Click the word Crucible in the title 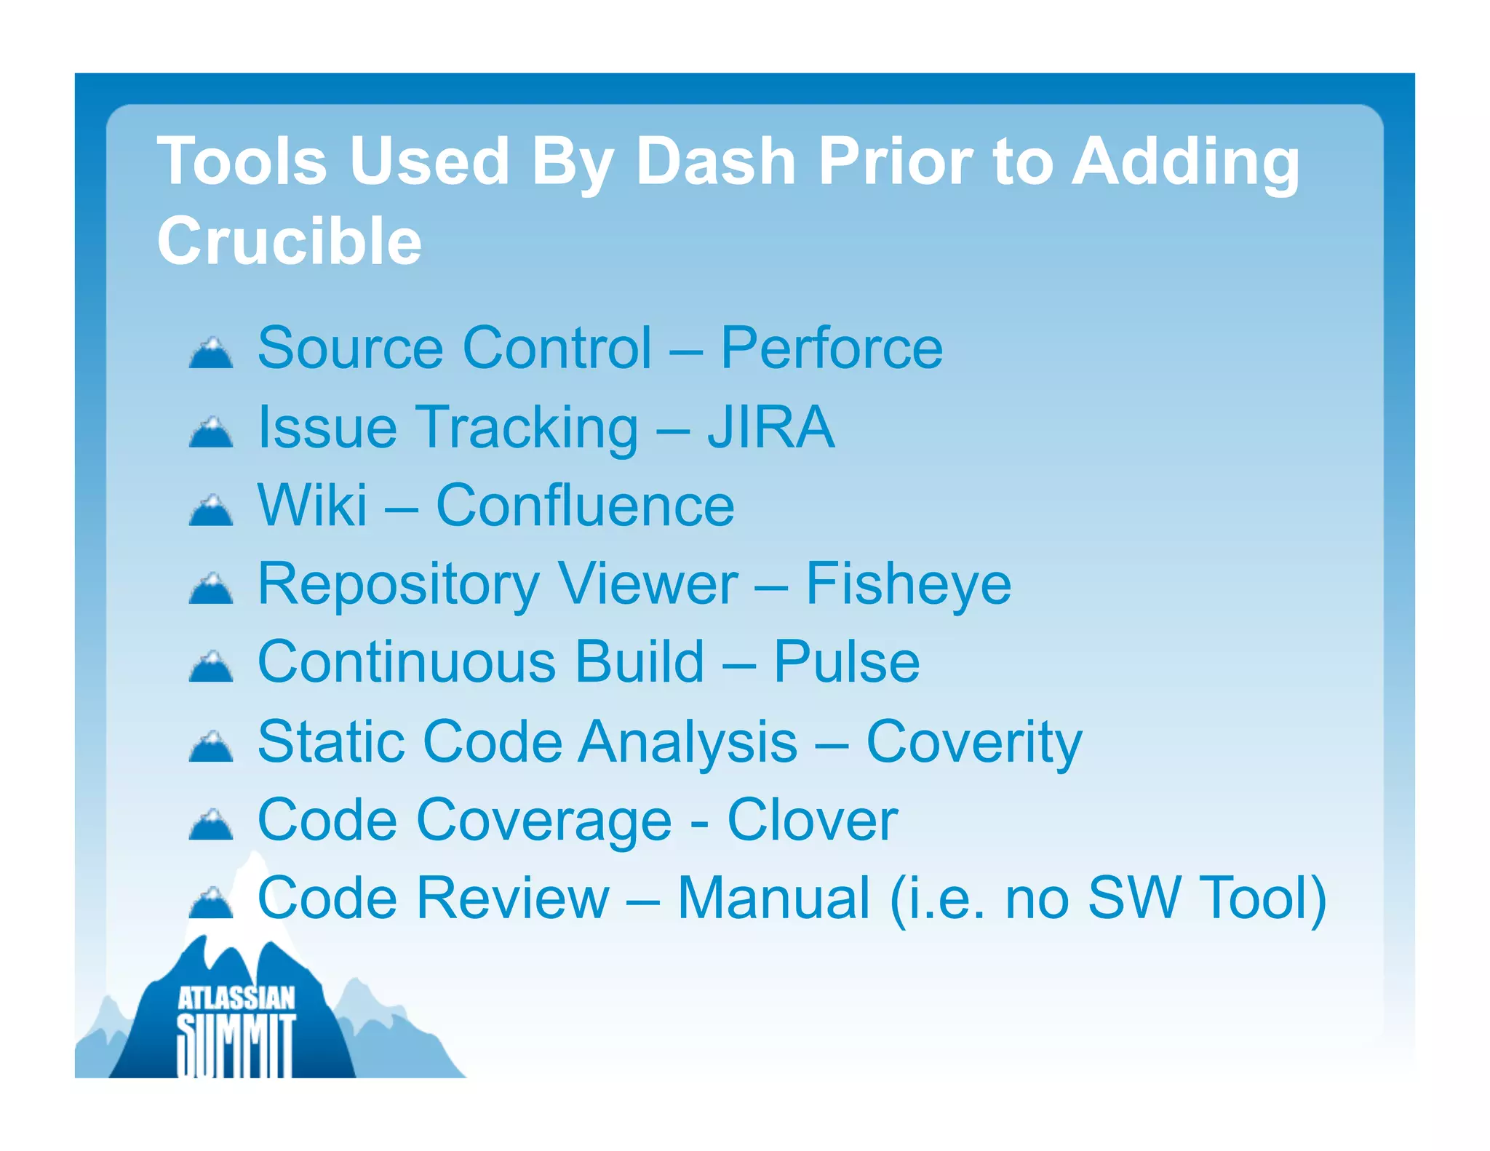click(289, 242)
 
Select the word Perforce click(832, 349)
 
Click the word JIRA click(771, 427)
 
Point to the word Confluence click(585, 506)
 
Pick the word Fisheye click(908, 584)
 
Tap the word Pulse click(846, 662)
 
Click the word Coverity click(973, 742)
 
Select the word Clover click(812, 820)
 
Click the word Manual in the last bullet click(773, 899)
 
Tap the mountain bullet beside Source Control click(211, 353)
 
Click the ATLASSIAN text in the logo click(236, 998)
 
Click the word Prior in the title click(895, 162)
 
